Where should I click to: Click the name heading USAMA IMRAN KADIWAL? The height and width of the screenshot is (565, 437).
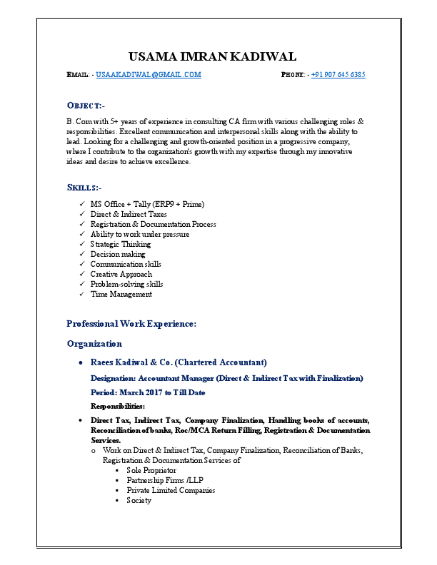tap(212, 56)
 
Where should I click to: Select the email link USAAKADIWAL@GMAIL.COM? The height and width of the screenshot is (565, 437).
tap(149, 75)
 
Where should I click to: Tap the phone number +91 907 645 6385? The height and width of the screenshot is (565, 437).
tap(338, 75)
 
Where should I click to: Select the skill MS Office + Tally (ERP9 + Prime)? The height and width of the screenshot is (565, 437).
tap(147, 204)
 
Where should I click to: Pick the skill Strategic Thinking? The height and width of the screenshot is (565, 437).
tap(121, 244)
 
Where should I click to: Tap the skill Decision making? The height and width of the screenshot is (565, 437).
tap(118, 254)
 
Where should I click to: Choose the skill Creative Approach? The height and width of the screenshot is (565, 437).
tap(121, 274)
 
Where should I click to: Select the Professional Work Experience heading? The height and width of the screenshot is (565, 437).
tap(131, 323)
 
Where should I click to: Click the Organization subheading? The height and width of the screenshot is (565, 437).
tap(94, 343)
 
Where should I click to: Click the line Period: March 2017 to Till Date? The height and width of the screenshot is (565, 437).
tap(148, 392)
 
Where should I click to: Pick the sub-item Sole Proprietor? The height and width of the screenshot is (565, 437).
tap(151, 470)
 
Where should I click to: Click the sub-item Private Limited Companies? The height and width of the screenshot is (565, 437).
tap(171, 490)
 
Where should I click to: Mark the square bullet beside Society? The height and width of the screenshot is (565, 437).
tap(116, 500)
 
